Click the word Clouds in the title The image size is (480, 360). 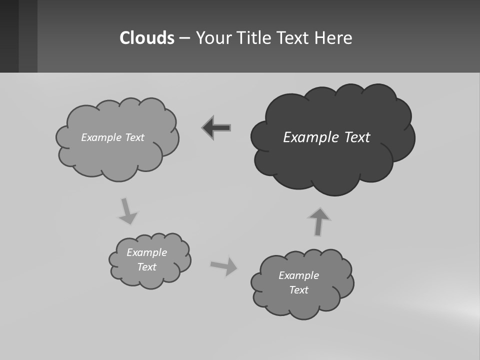147,37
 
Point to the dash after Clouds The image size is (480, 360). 184,38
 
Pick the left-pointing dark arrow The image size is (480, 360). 216,128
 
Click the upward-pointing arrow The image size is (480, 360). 319,221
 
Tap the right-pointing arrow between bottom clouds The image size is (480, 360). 224,266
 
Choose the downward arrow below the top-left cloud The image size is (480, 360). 127,210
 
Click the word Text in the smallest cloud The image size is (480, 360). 146,267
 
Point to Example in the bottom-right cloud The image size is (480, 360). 298,275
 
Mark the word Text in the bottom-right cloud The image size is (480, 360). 298,290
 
